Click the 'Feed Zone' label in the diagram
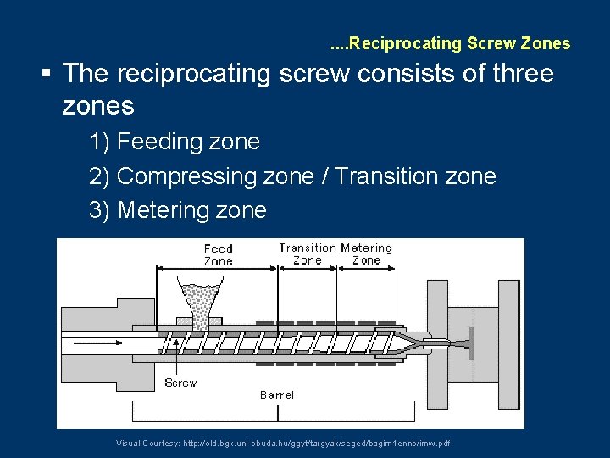218,254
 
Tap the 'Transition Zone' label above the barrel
308,254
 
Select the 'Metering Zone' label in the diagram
367,254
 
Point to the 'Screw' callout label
180,383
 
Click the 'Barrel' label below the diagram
277,395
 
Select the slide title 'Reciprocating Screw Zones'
458,43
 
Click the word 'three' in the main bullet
518,74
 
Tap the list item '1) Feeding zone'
175,142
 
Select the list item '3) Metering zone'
178,210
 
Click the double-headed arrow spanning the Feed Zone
219,270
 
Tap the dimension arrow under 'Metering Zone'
366,270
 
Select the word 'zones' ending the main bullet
98,106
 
